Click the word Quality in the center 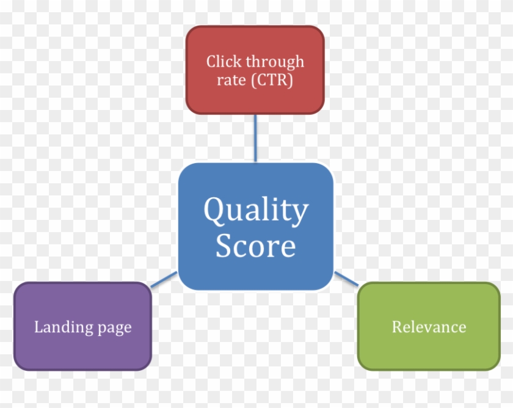256,211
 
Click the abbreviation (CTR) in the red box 272,80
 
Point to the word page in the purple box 114,329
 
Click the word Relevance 429,327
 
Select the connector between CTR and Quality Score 255,138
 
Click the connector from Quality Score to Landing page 164,279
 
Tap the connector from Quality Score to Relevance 346,279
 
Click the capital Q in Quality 213,211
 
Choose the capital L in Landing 38,327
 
